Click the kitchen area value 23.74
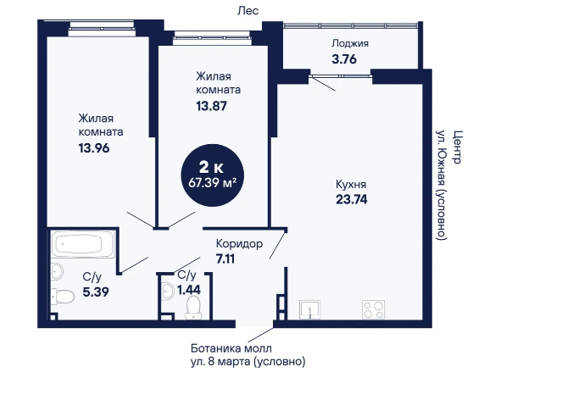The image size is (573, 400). [x=352, y=199]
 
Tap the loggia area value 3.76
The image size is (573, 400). [x=344, y=58]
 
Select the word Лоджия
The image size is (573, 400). [x=350, y=43]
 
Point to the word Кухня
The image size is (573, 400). [x=351, y=184]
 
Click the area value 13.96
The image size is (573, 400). [x=94, y=148]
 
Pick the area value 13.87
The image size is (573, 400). [x=212, y=106]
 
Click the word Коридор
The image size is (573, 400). [x=239, y=243]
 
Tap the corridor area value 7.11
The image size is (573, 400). [x=225, y=259]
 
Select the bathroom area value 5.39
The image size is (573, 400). [x=96, y=292]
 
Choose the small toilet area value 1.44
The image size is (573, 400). [x=189, y=290]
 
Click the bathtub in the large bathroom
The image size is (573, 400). [x=83, y=243]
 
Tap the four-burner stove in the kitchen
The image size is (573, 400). [x=374, y=309]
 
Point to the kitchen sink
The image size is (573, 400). [x=310, y=309]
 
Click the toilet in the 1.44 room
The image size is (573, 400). [x=193, y=308]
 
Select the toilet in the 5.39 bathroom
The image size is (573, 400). [x=63, y=296]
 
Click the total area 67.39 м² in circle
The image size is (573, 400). [x=212, y=182]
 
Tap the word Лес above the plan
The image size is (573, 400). [x=248, y=11]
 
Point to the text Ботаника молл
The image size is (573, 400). [x=231, y=348]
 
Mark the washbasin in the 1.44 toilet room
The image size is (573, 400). [x=168, y=292]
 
